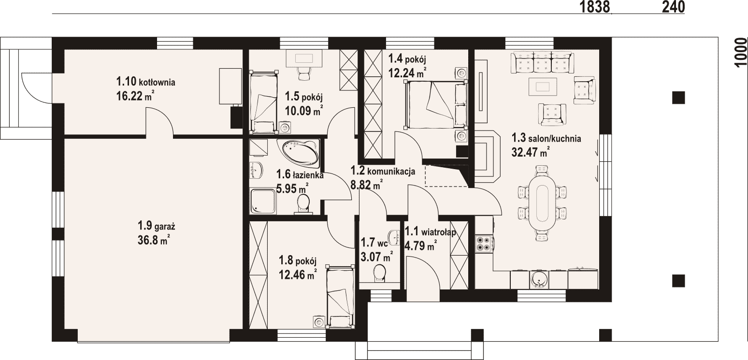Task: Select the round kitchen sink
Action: tap(539, 279)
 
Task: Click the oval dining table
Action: tap(542, 203)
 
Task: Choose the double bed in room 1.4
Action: tap(435, 104)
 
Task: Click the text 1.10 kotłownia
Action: tap(145, 81)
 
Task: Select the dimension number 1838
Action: tap(595, 7)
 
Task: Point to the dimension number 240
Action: tap(673, 7)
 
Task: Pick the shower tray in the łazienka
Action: tap(263, 201)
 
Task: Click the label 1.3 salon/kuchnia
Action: tap(546, 138)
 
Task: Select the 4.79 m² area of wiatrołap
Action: tap(420, 246)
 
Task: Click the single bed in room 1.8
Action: tap(340, 296)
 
